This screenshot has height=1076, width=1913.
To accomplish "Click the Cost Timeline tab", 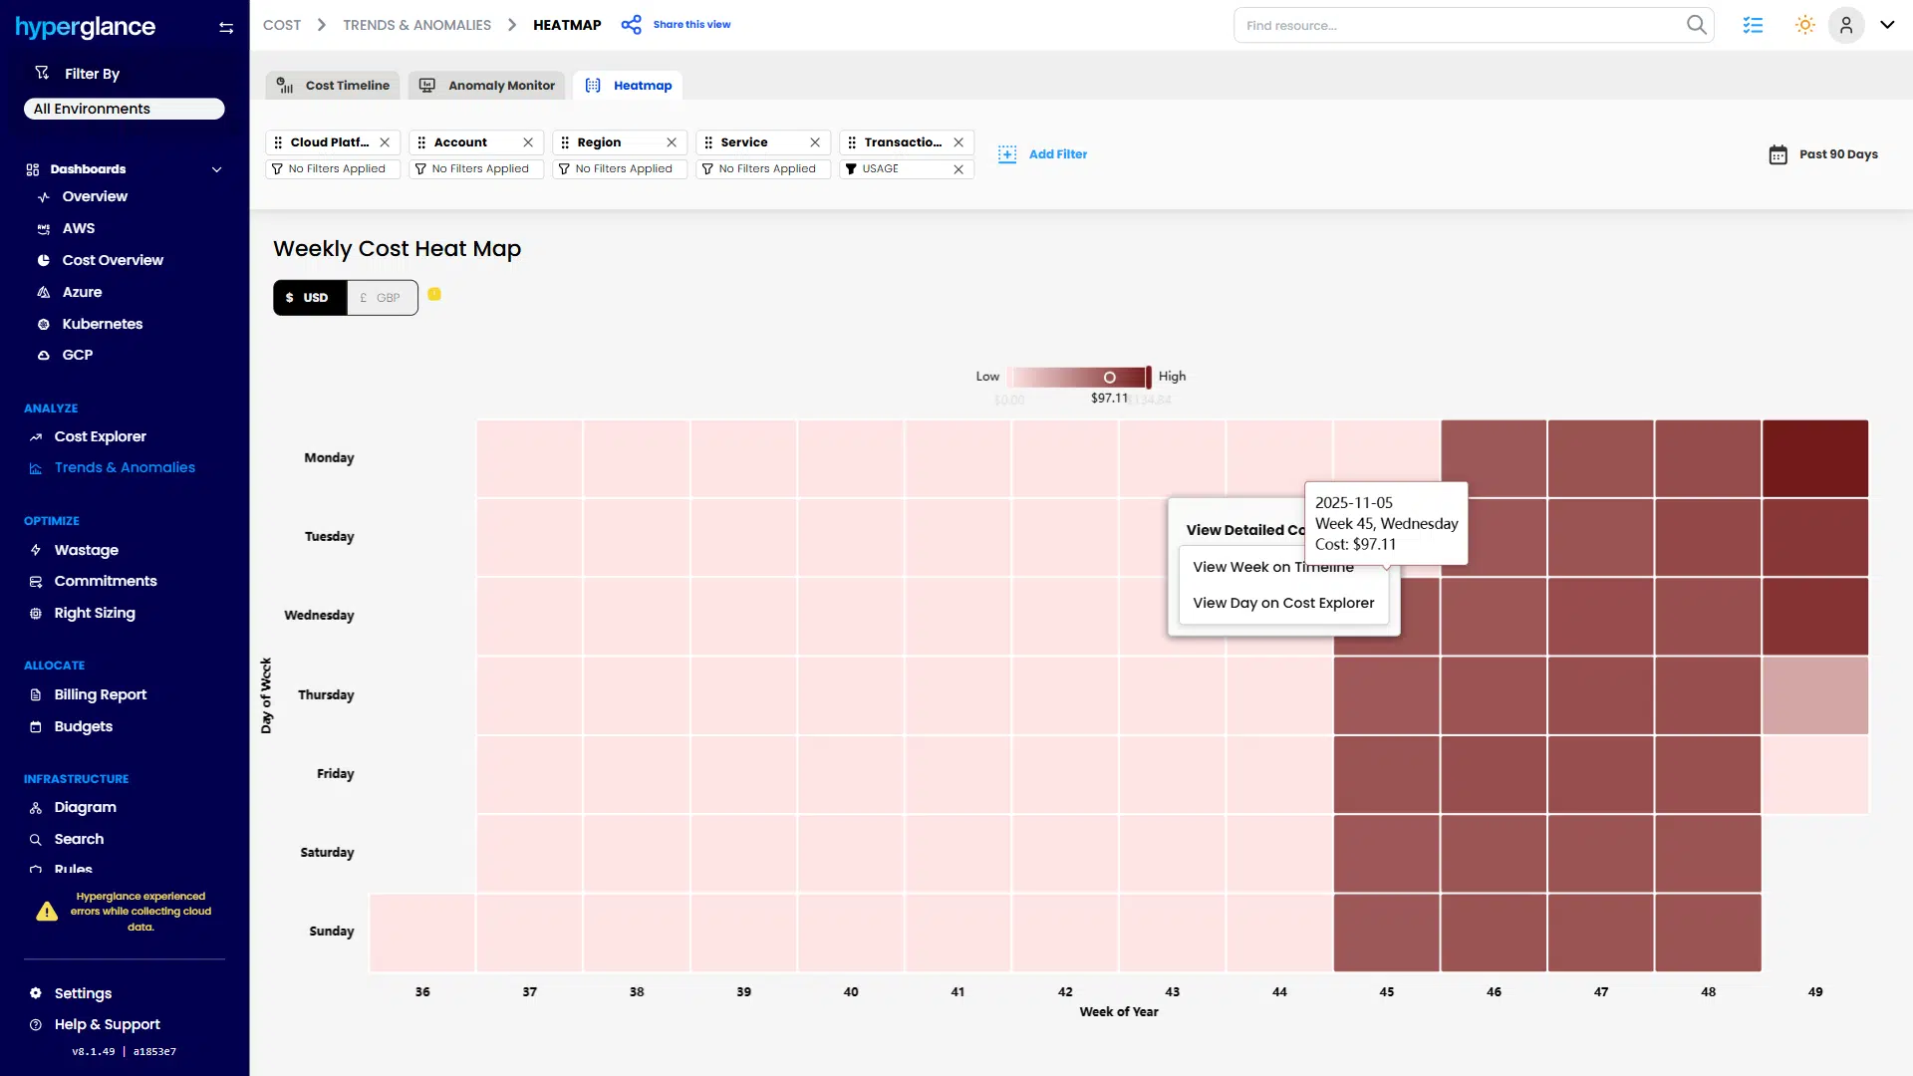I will point(333,86).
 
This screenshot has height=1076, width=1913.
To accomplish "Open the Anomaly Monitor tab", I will point(487,86).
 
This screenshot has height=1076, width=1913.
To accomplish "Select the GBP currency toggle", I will point(382,298).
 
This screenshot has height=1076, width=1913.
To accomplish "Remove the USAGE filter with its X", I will point(958,169).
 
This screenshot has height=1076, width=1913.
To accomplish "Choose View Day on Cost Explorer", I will point(1282,603).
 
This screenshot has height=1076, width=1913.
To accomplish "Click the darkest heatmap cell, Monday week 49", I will point(1814,458).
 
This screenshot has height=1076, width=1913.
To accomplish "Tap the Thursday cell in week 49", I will point(1814,695).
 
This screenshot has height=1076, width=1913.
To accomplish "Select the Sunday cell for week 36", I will point(422,933).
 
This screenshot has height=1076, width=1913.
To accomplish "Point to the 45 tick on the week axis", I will point(1386,992).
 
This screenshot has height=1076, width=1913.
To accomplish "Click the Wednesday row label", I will point(319,616).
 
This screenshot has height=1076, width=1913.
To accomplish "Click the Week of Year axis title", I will point(1118,1012).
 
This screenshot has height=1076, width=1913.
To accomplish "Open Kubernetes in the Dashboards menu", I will point(102,324).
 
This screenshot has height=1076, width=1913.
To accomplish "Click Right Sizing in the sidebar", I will point(95,613).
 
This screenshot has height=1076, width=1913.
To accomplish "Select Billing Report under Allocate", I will point(100,694).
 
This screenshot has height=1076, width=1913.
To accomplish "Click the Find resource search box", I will point(1460,25).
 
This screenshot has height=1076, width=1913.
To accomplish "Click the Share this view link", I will point(690,25).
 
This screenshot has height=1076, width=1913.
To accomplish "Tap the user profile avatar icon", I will point(1845,25).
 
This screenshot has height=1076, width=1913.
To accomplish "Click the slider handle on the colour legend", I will point(1109,378).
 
